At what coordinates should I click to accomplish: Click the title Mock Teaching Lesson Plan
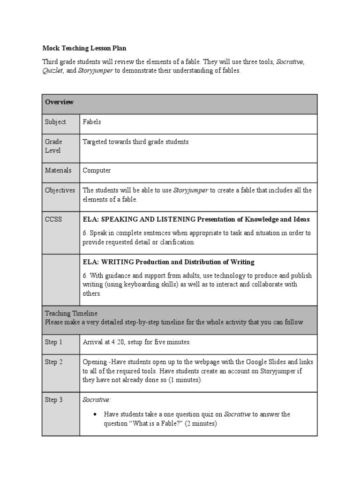pos(84,48)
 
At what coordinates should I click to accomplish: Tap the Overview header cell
pos(59,102)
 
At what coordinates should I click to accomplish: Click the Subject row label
pos(55,122)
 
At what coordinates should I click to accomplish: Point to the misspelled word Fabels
pos(92,122)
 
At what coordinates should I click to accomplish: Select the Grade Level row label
pos(53,146)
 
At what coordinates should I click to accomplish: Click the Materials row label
pos(58,171)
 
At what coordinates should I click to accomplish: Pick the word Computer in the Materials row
pos(97,171)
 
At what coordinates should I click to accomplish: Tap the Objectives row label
pos(60,190)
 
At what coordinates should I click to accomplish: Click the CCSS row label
pos(53,219)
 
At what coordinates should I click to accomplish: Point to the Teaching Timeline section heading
pos(71,313)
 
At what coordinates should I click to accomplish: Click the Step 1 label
pos(53,342)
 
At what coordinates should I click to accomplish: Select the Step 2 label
pos(53,362)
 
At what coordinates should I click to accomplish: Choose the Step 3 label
pos(53,400)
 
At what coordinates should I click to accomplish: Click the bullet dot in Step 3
pos(95,415)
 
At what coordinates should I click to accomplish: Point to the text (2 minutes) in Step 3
pos(200,424)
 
